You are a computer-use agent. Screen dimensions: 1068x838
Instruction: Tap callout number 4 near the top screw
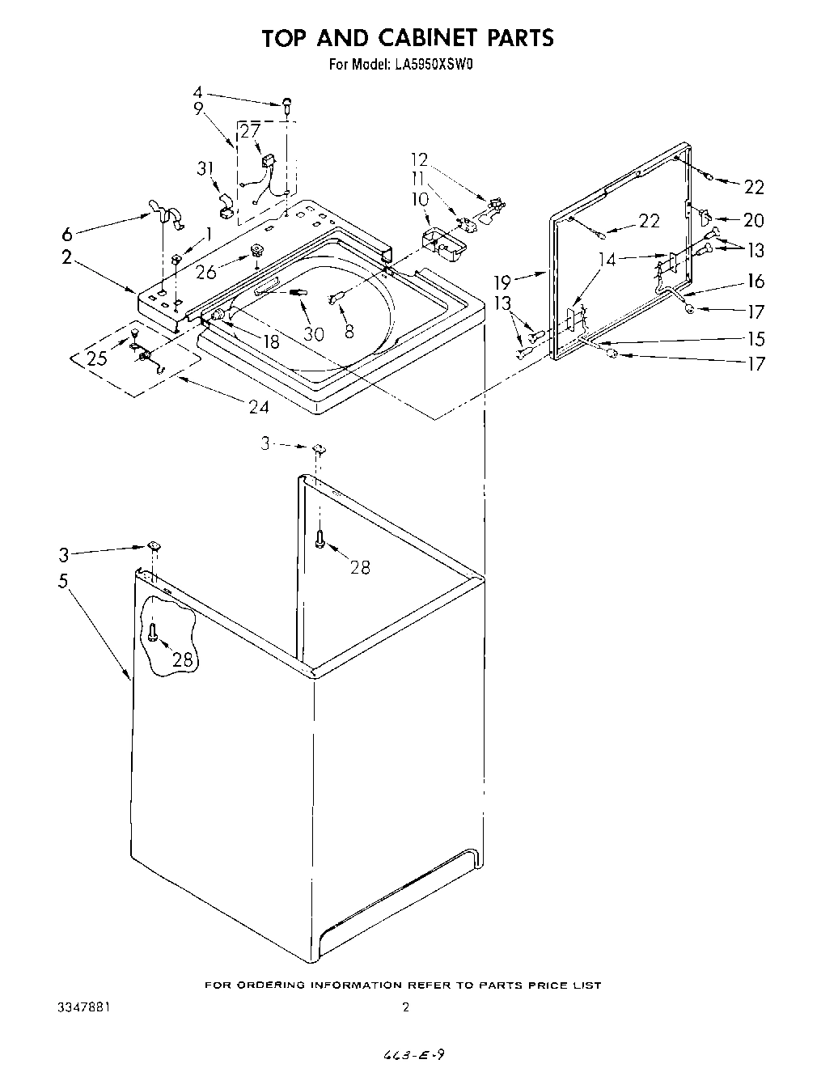click(197, 92)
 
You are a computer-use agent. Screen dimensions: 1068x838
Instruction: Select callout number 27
click(250, 132)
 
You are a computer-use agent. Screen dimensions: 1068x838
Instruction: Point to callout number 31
click(205, 168)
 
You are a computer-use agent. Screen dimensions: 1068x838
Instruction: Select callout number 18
click(270, 341)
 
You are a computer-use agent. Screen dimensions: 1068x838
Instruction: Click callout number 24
click(259, 406)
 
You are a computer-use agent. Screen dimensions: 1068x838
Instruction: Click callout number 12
click(419, 159)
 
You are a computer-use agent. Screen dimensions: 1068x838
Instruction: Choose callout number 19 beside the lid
click(503, 282)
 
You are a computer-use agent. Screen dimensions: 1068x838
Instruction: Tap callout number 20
click(753, 219)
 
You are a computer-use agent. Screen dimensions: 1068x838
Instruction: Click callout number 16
click(755, 281)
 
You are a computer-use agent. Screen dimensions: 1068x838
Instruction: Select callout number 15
click(755, 338)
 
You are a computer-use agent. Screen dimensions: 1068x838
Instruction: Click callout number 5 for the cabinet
click(63, 581)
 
